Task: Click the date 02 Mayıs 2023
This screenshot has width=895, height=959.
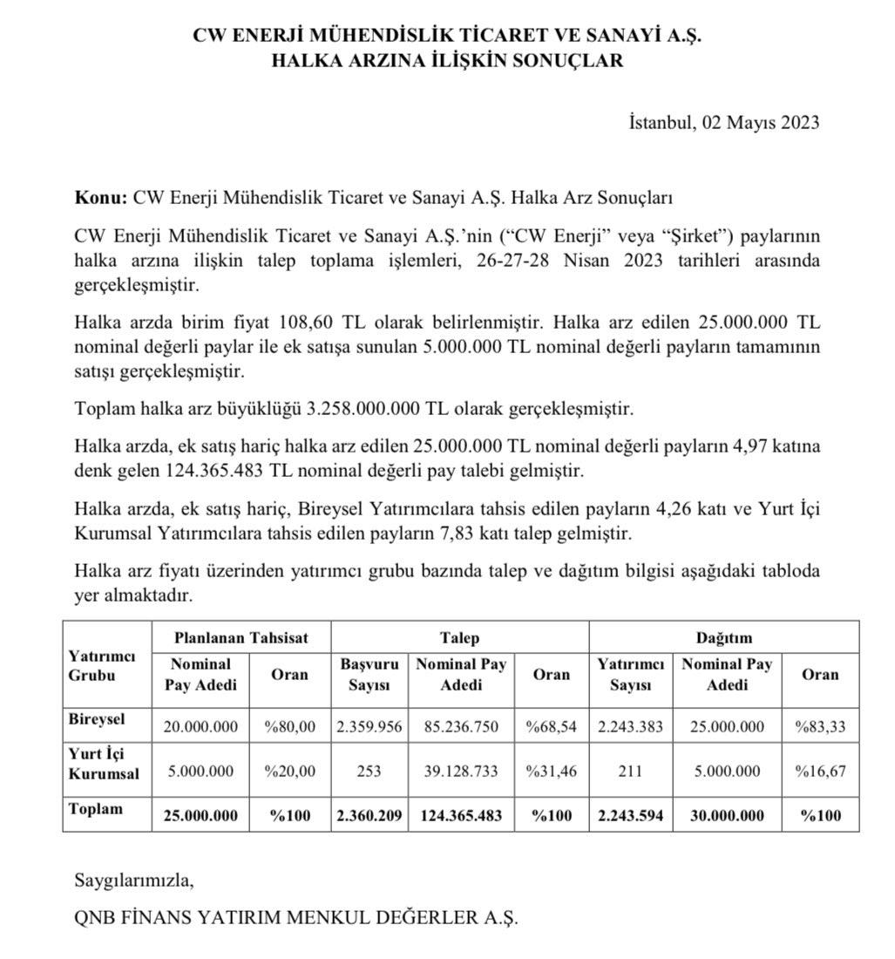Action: (756, 122)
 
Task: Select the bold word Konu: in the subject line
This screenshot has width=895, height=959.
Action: (101, 198)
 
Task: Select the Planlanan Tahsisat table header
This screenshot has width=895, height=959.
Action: (241, 637)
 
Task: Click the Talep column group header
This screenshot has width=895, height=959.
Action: (459, 637)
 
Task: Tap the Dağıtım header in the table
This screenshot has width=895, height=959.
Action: (723, 637)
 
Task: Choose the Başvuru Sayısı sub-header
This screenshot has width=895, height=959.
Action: (369, 675)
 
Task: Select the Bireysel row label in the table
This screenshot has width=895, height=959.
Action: (97, 720)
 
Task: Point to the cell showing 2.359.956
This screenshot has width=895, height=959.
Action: (369, 725)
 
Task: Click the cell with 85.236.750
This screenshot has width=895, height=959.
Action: (461, 725)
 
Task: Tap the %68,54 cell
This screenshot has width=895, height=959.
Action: (551, 725)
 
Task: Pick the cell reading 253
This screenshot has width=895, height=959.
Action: (369, 772)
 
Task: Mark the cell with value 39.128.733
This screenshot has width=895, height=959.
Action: (461, 772)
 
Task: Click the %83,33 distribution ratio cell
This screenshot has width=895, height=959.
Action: (819, 725)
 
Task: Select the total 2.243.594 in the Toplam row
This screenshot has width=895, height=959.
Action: (630, 815)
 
